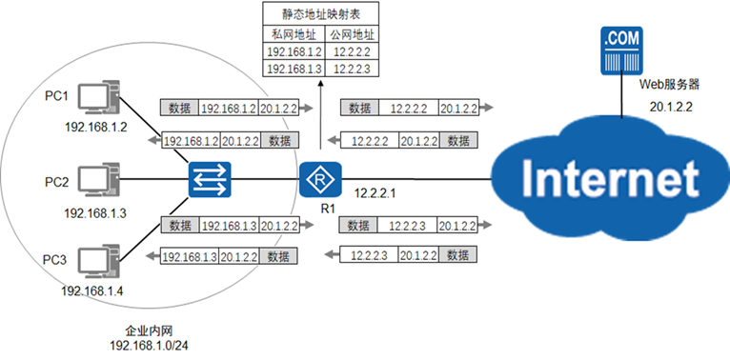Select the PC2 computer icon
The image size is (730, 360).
(x=98, y=180)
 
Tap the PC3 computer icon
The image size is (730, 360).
(x=98, y=261)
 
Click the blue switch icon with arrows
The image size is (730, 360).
(x=210, y=180)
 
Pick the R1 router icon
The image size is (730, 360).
(x=320, y=180)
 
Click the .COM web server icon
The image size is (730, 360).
(x=621, y=50)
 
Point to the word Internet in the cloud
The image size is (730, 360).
(x=610, y=179)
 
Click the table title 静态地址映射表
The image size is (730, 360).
(x=321, y=14)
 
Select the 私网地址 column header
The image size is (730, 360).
(x=294, y=34)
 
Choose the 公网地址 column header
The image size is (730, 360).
(x=352, y=34)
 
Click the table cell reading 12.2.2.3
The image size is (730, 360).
(x=352, y=69)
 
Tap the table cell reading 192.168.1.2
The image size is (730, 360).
(x=294, y=51)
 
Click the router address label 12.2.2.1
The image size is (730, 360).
(x=375, y=193)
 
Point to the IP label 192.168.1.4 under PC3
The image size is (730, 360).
(x=92, y=291)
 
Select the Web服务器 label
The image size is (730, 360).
(x=669, y=84)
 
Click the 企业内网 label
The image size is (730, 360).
(x=149, y=331)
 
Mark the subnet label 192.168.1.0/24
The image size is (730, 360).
(x=149, y=346)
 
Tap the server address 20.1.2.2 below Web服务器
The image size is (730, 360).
(x=671, y=107)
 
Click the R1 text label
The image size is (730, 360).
(x=328, y=209)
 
